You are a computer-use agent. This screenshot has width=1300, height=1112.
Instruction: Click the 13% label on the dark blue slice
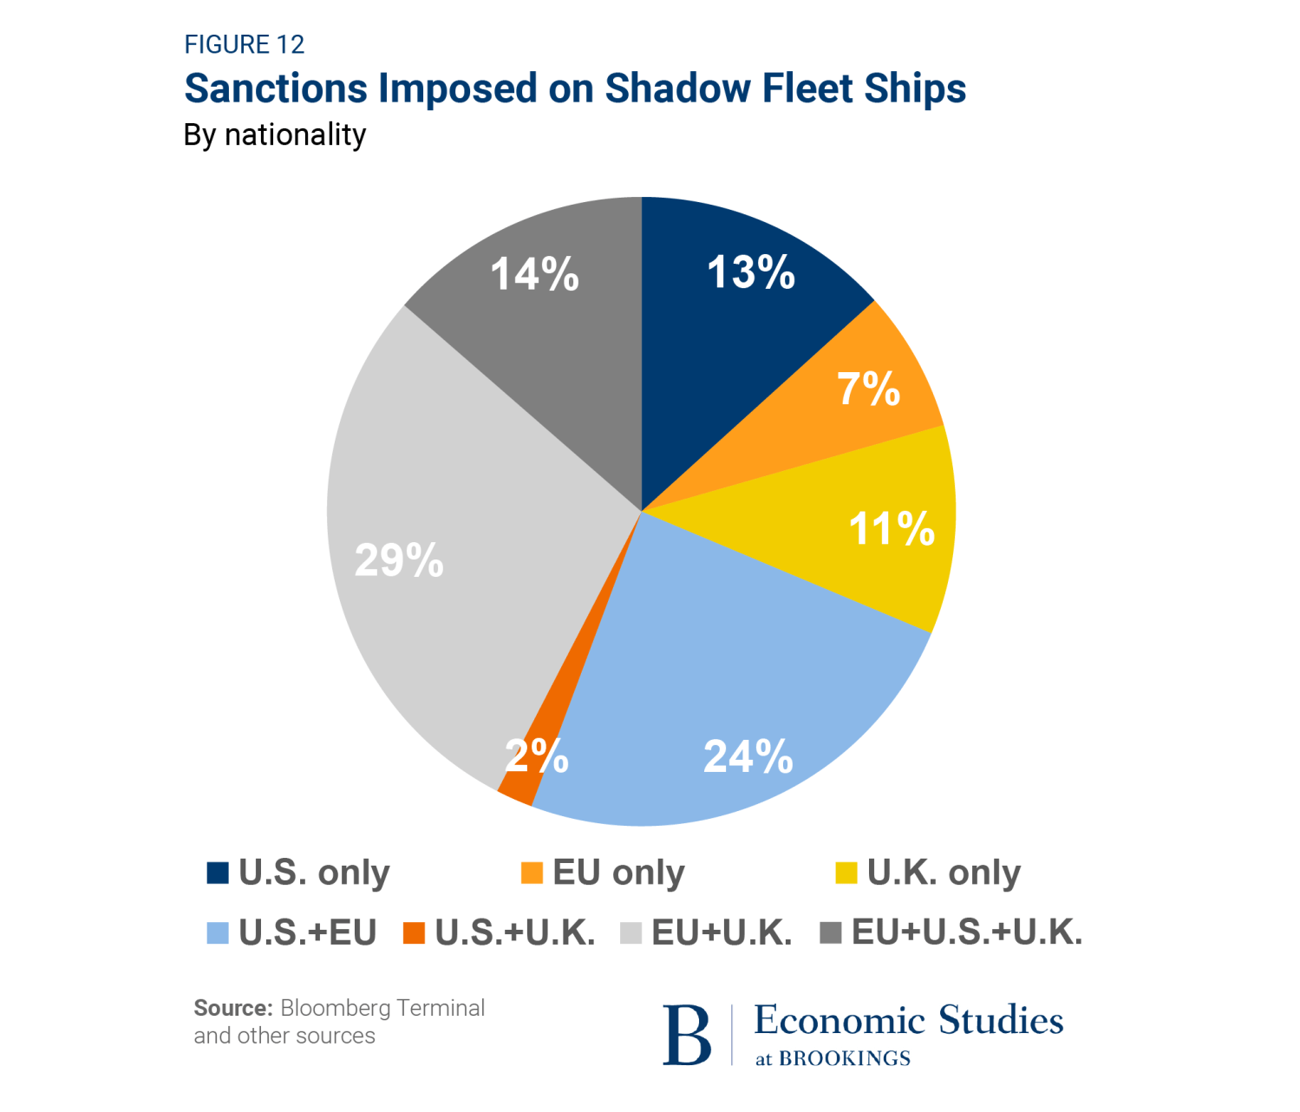pyautogui.click(x=751, y=272)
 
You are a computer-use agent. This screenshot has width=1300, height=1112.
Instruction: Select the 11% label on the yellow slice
pyautogui.click(x=892, y=528)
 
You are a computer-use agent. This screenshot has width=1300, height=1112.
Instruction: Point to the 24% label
pyautogui.click(x=748, y=756)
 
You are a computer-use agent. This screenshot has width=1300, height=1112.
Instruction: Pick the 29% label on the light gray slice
pyautogui.click(x=399, y=560)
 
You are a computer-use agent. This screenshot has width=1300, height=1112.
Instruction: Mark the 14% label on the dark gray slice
pyautogui.click(x=534, y=275)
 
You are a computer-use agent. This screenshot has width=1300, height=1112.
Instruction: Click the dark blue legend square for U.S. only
pyautogui.click(x=218, y=873)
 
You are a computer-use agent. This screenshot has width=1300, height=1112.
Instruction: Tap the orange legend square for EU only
pyautogui.click(x=532, y=873)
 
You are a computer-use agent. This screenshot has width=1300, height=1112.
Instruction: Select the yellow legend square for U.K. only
pyautogui.click(x=846, y=873)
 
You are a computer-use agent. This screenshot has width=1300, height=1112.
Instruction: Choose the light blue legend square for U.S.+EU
pyautogui.click(x=218, y=933)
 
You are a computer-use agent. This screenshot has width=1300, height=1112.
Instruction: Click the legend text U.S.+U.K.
pyautogui.click(x=515, y=932)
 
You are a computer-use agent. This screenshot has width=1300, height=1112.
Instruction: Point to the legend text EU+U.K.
pyautogui.click(x=722, y=932)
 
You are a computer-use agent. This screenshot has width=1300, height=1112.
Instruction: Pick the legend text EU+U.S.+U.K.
pyautogui.click(x=967, y=932)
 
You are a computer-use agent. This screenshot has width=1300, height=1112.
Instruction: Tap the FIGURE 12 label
pyautogui.click(x=245, y=44)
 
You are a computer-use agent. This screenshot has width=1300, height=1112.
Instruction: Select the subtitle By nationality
pyautogui.click(x=275, y=135)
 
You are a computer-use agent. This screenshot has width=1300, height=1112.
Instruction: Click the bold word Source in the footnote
pyautogui.click(x=232, y=1008)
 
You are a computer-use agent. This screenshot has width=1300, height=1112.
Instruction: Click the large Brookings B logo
pyautogui.click(x=687, y=1034)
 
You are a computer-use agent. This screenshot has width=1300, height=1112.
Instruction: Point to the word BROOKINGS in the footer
pyautogui.click(x=844, y=1058)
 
